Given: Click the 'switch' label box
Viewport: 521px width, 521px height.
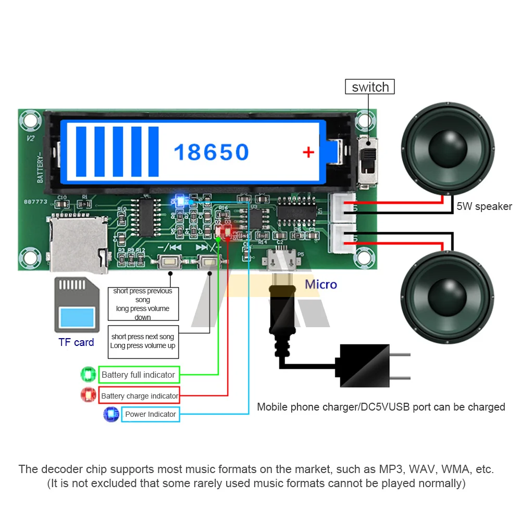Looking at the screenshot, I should coord(370,86).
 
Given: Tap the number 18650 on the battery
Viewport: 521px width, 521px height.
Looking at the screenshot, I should coord(211,152).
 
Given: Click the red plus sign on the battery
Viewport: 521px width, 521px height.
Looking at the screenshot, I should coord(308,152).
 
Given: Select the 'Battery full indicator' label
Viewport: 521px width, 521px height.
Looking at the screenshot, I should coord(139,375).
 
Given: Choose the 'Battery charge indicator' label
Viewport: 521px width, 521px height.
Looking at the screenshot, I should coord(140,396).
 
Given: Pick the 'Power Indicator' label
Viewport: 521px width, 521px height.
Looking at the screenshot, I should coord(151,414).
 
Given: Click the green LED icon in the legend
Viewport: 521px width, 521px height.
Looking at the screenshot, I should coord(88,375).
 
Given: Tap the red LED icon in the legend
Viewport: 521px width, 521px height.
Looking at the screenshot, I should coord(88,395).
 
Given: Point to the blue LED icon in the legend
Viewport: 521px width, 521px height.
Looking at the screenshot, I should coord(111,414).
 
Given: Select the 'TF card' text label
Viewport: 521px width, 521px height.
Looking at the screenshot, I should coord(76,342).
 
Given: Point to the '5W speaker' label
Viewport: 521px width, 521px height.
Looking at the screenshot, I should coord(484,206).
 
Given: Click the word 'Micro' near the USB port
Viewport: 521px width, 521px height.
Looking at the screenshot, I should coord(321,284).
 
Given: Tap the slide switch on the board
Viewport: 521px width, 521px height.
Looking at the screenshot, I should coord(369,162).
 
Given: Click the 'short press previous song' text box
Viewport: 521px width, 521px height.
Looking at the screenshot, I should coord(143,304).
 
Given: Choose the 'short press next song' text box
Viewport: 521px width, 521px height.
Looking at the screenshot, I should coord(143,341).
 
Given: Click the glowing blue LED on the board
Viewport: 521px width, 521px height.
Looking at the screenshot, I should coord(180,200).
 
